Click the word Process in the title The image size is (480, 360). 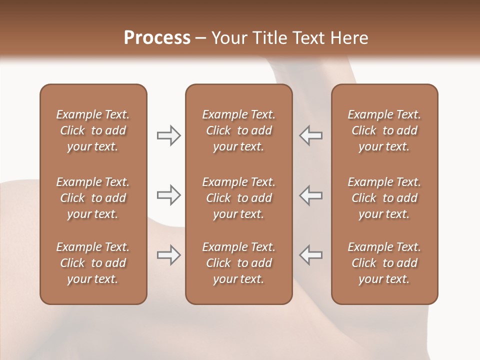(x=157, y=38)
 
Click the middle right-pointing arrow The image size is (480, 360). (x=169, y=195)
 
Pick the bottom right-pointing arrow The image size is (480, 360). (x=169, y=255)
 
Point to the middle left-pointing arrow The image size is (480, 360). (x=310, y=195)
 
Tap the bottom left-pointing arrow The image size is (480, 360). (x=310, y=255)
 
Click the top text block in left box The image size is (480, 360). (x=93, y=130)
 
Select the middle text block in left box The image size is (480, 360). (x=93, y=198)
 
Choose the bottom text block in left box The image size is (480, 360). (x=93, y=263)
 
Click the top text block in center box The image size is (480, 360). (x=238, y=130)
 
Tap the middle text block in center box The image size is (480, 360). (x=238, y=198)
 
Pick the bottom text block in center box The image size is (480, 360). (x=238, y=263)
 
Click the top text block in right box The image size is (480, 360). (x=384, y=130)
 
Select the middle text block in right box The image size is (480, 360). (x=384, y=198)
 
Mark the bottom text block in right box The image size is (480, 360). (x=384, y=263)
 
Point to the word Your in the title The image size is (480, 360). (x=228, y=38)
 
